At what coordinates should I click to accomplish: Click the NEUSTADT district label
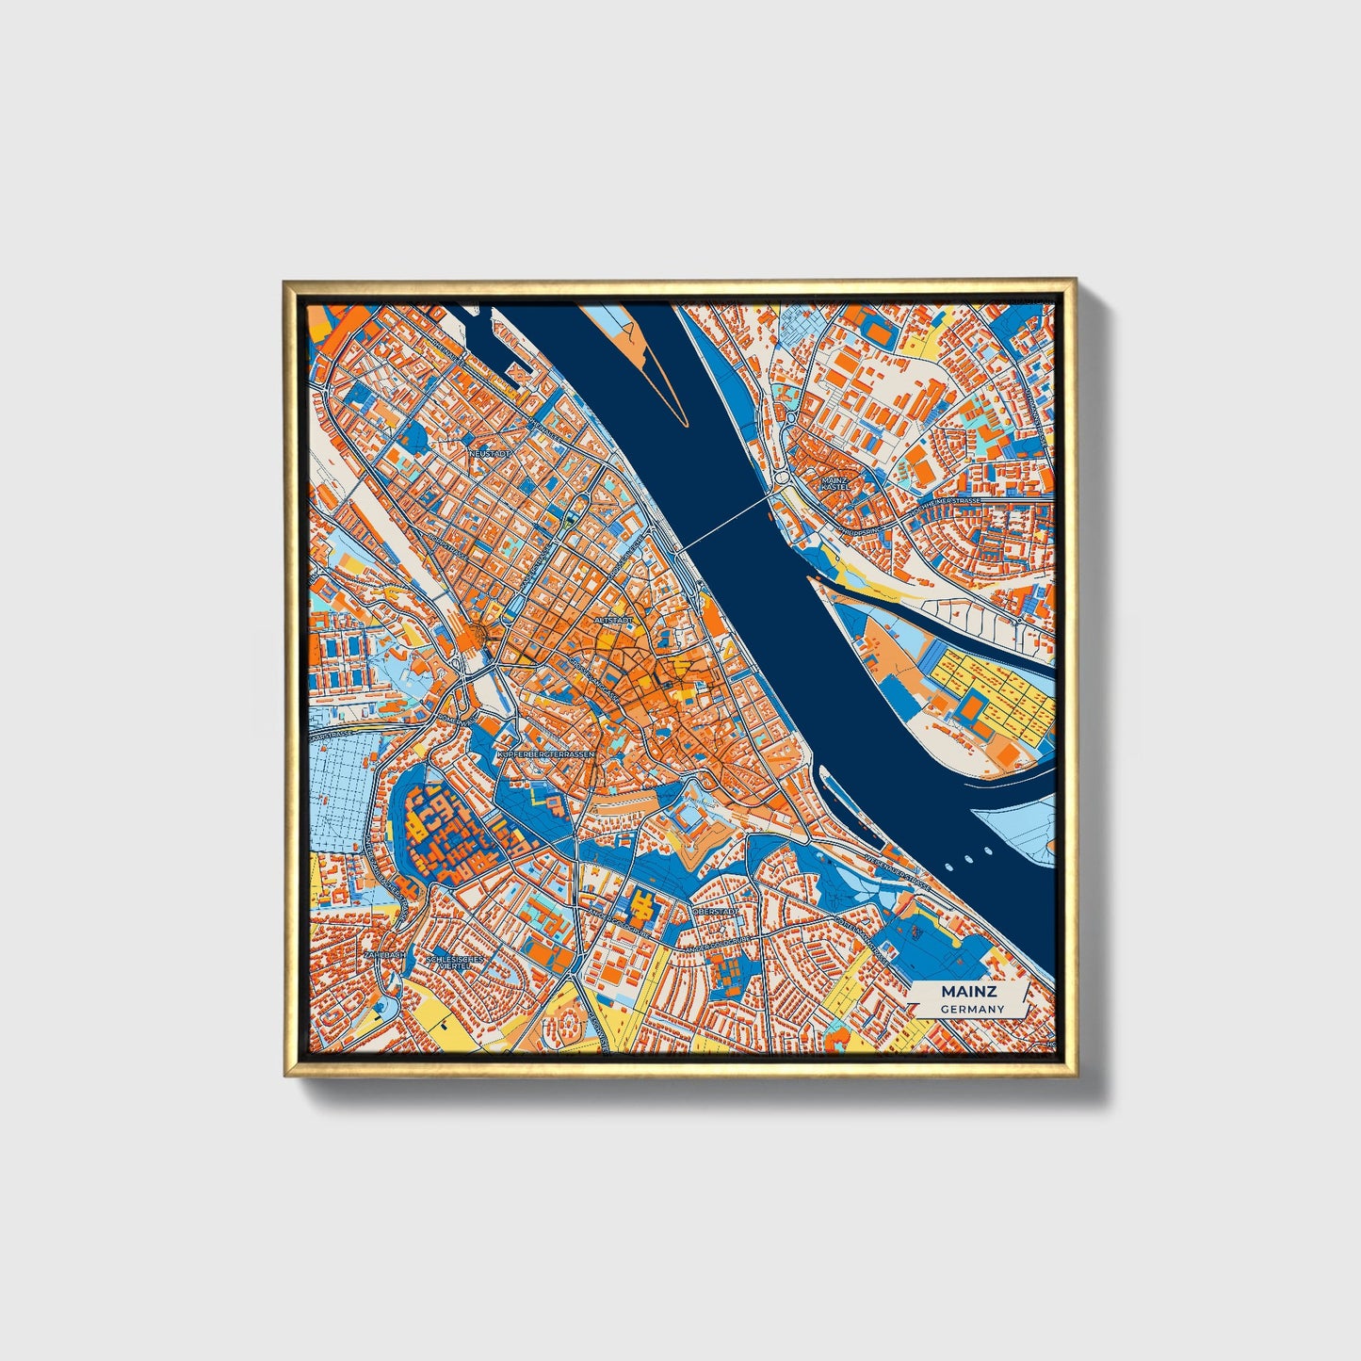coord(490,453)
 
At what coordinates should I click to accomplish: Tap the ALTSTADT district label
coord(612,621)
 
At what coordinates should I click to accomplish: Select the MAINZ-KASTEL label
coord(834,483)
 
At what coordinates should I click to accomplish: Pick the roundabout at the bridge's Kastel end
coord(784,481)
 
